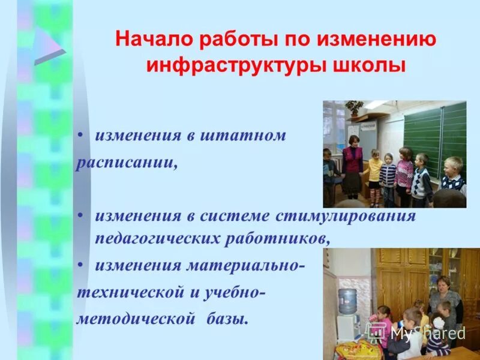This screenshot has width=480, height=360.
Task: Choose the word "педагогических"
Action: tap(157, 238)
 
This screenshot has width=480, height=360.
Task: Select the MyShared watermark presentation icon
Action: tap(377, 332)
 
